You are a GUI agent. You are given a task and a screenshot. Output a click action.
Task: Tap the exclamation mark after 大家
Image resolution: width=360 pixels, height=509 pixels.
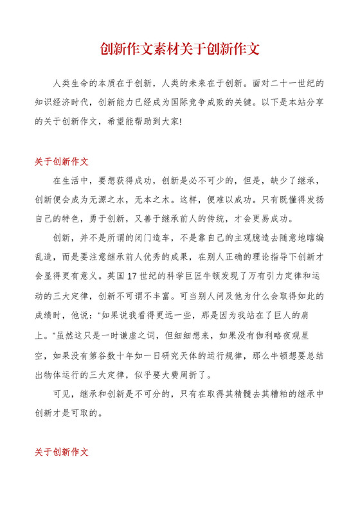tap(181, 121)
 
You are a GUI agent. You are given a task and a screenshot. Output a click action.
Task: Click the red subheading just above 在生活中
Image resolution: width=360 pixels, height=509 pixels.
tap(61, 161)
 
